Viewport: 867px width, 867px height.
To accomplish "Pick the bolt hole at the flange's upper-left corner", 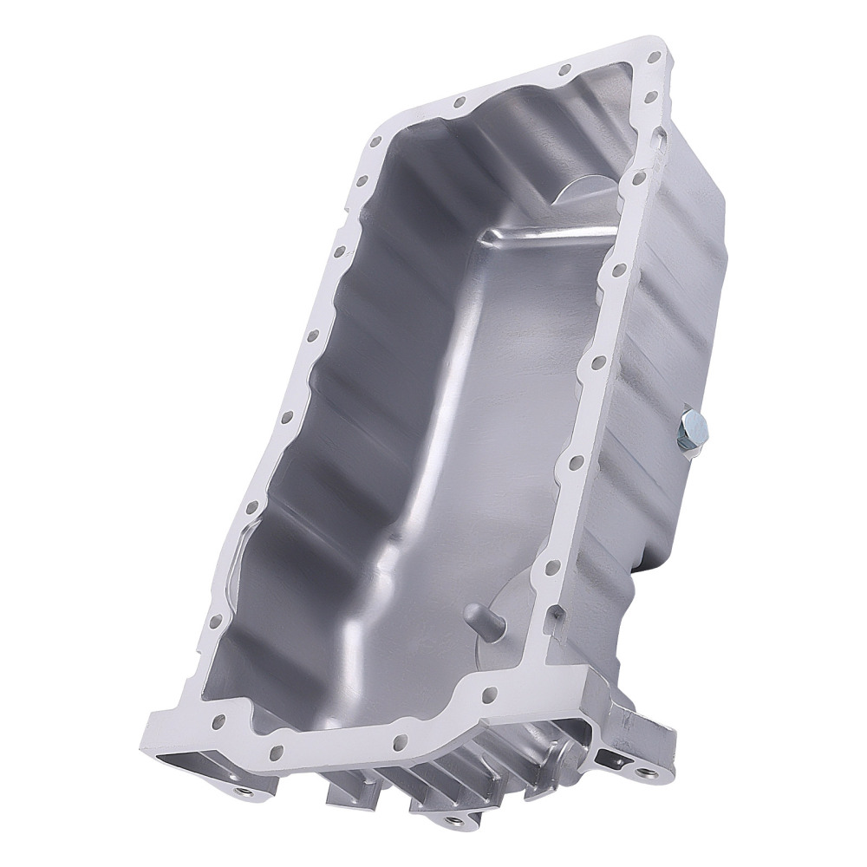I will tap(375, 142).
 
